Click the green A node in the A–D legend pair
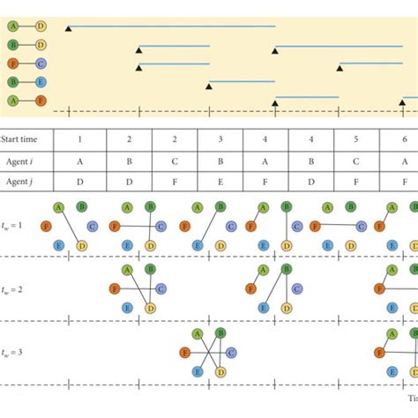tap(13, 26)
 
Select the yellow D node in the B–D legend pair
tap(41, 45)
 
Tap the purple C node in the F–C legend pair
tap(41, 63)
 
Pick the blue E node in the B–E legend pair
tap(41, 82)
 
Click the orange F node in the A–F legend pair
tap(41, 101)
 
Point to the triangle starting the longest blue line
tap(69, 28)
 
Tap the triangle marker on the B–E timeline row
tap(209, 85)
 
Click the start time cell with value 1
tap(80, 140)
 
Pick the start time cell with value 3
tap(220, 140)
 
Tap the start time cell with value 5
tap(356, 140)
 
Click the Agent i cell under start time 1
tap(80, 163)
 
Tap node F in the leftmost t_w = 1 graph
tap(45, 226)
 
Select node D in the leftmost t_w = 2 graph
tap(150, 307)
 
